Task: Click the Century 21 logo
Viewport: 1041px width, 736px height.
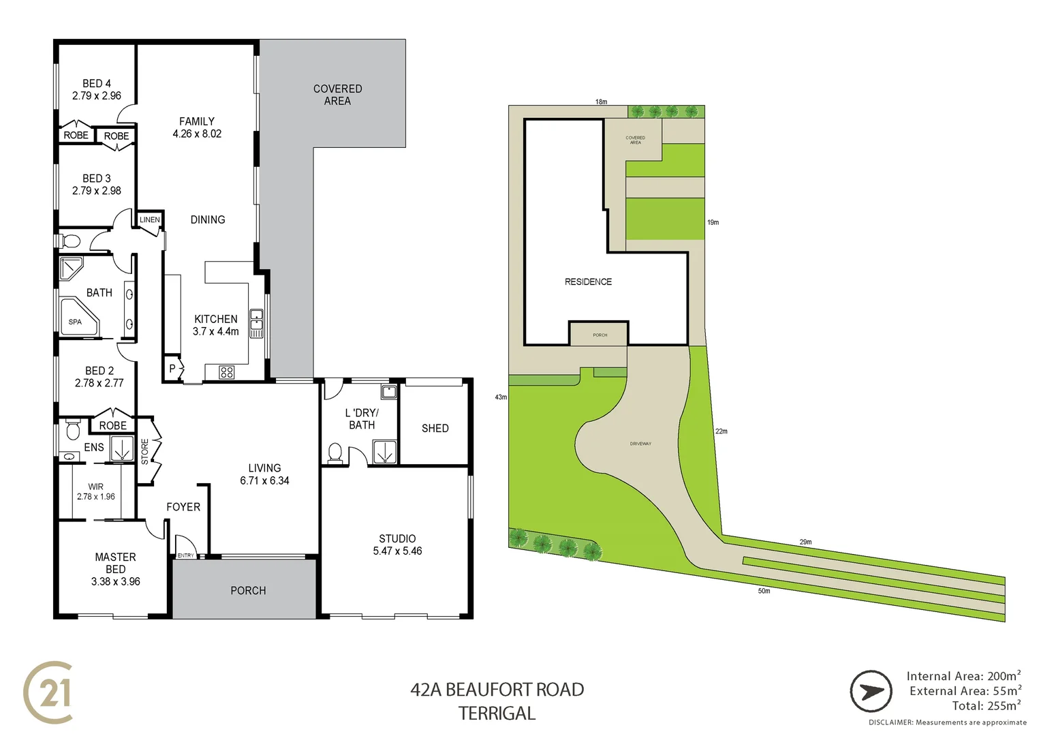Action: pyautogui.click(x=48, y=692)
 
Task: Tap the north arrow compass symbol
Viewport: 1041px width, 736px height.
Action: pyautogui.click(x=871, y=691)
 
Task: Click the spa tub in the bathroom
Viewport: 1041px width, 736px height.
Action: pyautogui.click(x=77, y=319)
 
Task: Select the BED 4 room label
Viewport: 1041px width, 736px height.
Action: pyautogui.click(x=97, y=83)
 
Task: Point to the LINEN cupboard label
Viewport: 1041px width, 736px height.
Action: pyautogui.click(x=150, y=220)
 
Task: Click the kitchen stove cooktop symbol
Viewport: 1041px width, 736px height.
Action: pyautogui.click(x=227, y=372)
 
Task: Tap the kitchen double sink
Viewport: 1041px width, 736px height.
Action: pyautogui.click(x=256, y=324)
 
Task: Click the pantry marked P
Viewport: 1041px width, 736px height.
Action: pyautogui.click(x=172, y=369)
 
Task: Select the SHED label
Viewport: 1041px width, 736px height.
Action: pyautogui.click(x=435, y=428)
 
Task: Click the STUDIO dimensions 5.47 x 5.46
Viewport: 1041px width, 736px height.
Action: pyautogui.click(x=397, y=551)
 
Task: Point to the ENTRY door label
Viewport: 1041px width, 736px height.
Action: pyautogui.click(x=185, y=555)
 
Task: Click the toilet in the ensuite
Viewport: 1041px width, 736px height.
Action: pyautogui.click(x=73, y=431)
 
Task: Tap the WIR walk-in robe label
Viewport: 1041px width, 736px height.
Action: pyautogui.click(x=95, y=487)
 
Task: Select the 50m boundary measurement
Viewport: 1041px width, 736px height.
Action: pyautogui.click(x=764, y=591)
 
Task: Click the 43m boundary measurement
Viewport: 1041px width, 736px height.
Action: pyautogui.click(x=501, y=397)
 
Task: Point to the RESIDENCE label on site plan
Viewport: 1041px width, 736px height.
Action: pyautogui.click(x=588, y=281)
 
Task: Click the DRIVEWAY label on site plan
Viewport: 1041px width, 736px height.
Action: pyautogui.click(x=640, y=444)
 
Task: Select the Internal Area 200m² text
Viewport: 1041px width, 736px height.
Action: pyautogui.click(x=963, y=676)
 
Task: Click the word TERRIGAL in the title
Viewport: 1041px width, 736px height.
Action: pyautogui.click(x=497, y=714)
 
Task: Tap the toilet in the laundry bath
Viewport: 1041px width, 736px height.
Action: pyautogui.click(x=335, y=452)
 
